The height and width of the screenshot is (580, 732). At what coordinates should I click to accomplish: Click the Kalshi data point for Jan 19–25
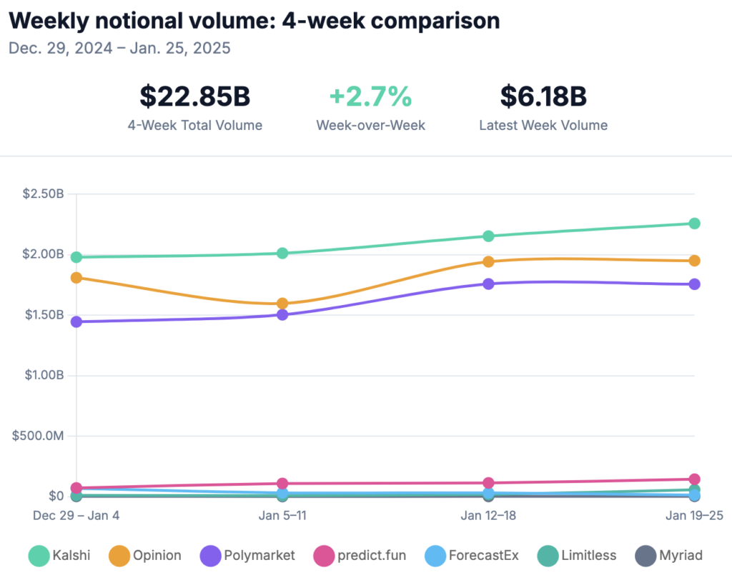693,224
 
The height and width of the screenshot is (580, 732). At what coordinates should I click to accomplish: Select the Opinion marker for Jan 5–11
282,304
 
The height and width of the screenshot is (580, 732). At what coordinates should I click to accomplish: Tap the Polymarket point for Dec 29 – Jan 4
76,322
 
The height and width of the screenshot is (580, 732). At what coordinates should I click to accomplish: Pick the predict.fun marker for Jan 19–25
693,479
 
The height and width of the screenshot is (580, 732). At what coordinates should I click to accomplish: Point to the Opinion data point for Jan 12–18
488,261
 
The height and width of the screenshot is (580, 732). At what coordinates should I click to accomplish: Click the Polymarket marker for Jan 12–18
488,284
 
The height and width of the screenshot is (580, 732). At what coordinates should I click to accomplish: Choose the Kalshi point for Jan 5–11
282,253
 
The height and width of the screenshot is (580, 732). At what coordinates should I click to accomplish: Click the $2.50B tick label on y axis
42,194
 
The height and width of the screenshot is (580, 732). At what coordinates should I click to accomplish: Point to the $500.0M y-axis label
38,436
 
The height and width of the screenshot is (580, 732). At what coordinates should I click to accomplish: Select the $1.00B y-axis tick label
42,375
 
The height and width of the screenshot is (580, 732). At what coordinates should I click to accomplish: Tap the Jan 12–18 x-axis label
488,515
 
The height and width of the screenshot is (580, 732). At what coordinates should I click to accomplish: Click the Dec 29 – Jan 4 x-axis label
76,515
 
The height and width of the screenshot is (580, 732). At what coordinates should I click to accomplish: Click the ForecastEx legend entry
472,555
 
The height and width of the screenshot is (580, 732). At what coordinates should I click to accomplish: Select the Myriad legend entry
669,555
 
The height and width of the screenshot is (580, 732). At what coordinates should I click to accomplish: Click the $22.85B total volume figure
194,96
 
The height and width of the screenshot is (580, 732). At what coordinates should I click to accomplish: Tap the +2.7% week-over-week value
370,96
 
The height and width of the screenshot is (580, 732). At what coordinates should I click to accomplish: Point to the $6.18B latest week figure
543,96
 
